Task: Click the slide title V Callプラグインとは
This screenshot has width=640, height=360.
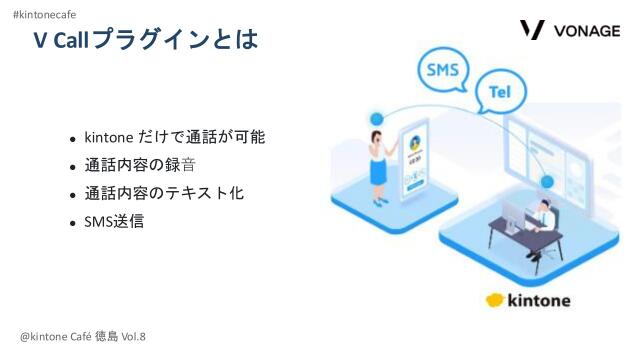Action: coord(146,41)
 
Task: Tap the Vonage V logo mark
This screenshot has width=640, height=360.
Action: coord(532,29)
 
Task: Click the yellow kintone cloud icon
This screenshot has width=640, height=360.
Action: coord(495,300)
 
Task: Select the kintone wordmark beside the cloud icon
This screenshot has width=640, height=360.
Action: coord(541,300)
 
